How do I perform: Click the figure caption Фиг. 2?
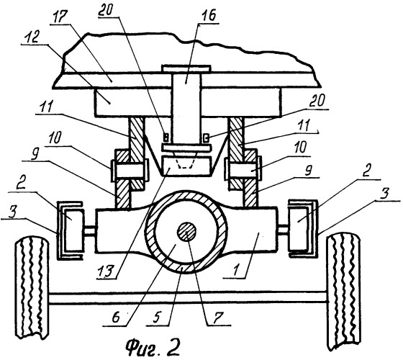(x=153, y=347)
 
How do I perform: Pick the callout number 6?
(x=116, y=318)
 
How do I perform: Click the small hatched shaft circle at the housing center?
(x=187, y=231)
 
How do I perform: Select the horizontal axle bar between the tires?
(x=188, y=298)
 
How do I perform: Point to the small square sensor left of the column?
(x=166, y=138)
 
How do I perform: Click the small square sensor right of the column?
(x=206, y=138)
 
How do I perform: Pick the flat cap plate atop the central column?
(x=186, y=68)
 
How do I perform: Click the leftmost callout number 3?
(x=13, y=212)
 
